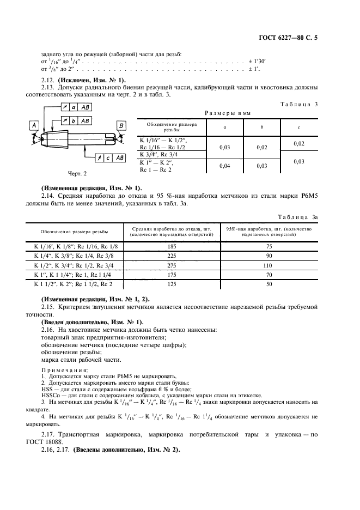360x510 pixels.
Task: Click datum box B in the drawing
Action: pyautogui.click(x=119, y=126)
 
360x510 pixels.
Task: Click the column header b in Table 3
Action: pyautogui.click(x=262, y=127)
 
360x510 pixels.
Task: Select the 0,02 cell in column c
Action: pyautogui.click(x=298, y=143)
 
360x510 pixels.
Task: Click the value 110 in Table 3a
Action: pyautogui.click(x=267, y=265)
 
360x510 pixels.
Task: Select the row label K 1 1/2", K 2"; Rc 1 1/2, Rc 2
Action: pyautogui.click(x=73, y=284)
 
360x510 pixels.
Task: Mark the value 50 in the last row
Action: pyautogui.click(x=267, y=284)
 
